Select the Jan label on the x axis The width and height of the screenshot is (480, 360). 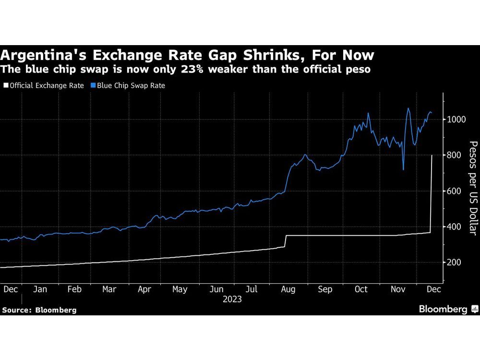click(x=40, y=289)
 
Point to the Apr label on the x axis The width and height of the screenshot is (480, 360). click(x=144, y=289)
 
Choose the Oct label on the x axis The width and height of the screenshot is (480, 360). click(x=360, y=289)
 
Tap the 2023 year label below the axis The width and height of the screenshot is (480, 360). click(x=232, y=300)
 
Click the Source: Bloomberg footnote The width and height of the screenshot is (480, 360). click(x=39, y=310)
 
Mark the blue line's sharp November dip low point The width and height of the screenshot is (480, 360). click(x=403, y=169)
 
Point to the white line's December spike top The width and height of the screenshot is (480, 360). click(x=432, y=156)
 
